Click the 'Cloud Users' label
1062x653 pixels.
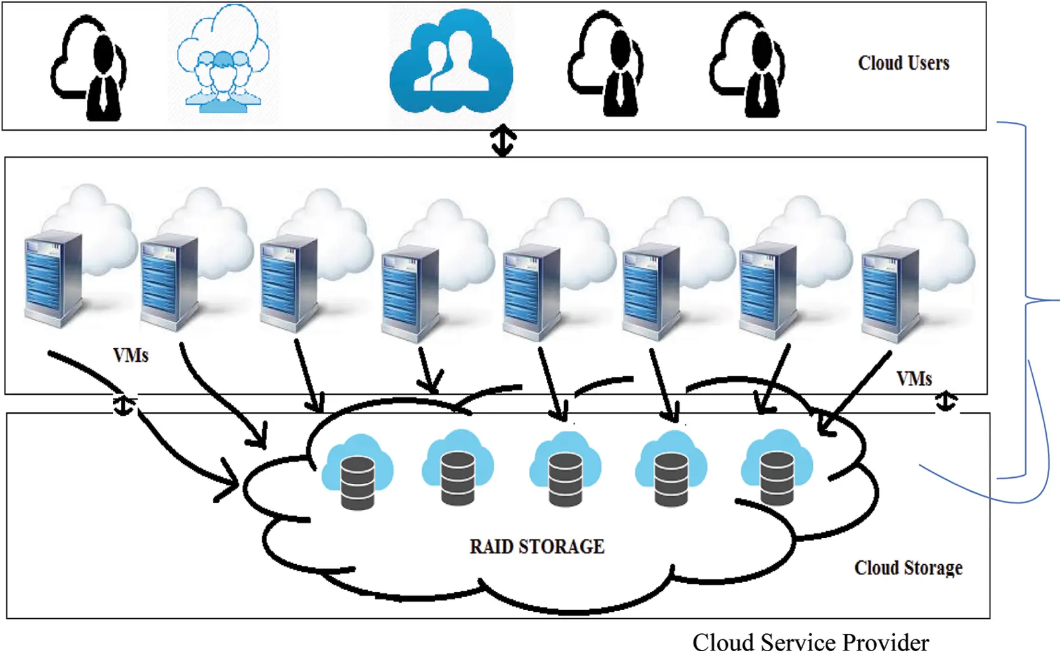coord(903,63)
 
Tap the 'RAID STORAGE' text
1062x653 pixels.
coord(536,546)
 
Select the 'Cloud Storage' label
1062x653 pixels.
coord(907,567)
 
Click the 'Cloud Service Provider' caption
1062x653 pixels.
coord(810,642)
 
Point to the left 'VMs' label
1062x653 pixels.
coord(131,355)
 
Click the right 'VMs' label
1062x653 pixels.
coord(914,378)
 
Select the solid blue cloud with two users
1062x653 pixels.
coord(451,63)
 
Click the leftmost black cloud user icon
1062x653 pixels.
coord(90,69)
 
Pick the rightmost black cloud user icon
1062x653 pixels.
coord(748,66)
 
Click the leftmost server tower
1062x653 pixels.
coord(53,279)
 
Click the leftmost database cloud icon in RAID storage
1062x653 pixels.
coord(358,473)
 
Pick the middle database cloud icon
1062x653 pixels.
coord(565,470)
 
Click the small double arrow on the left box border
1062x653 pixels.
coord(124,404)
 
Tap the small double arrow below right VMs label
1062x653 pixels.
coord(946,401)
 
